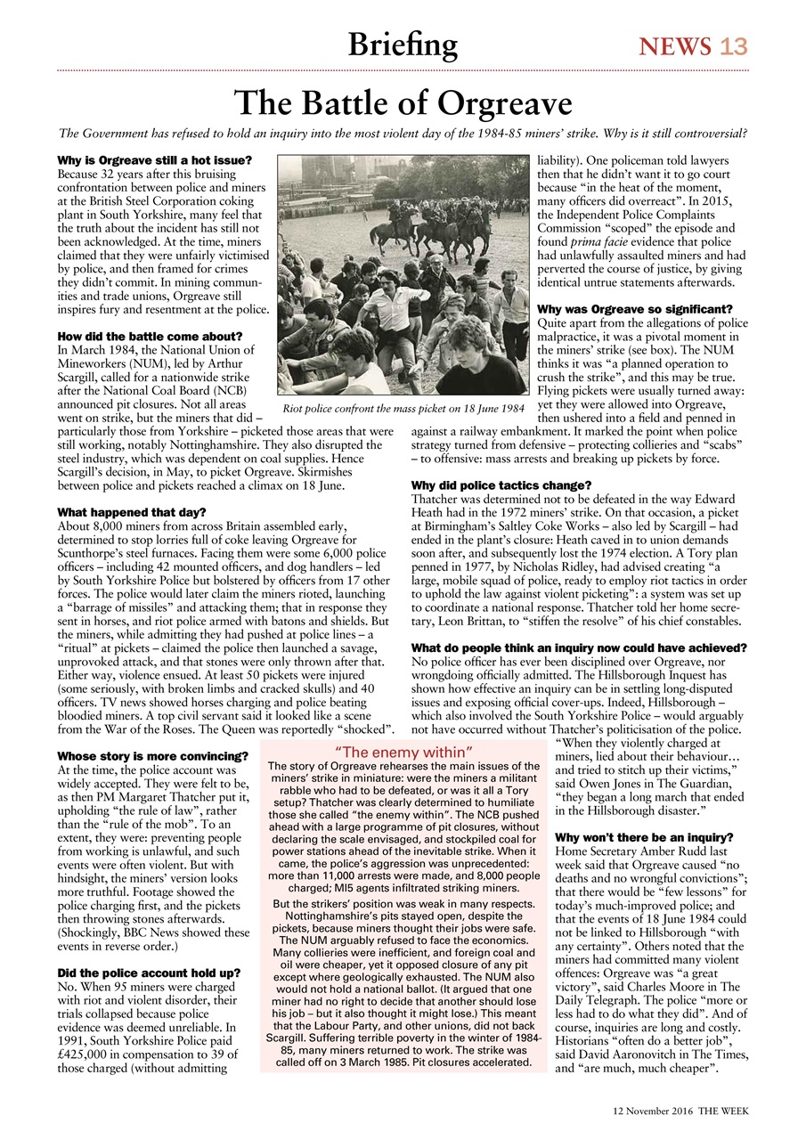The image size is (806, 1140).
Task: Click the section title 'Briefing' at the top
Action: point(403,44)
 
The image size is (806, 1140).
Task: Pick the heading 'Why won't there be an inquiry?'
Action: point(644,838)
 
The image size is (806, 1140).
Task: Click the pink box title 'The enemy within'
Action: point(403,753)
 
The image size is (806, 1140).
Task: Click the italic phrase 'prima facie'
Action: point(597,240)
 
